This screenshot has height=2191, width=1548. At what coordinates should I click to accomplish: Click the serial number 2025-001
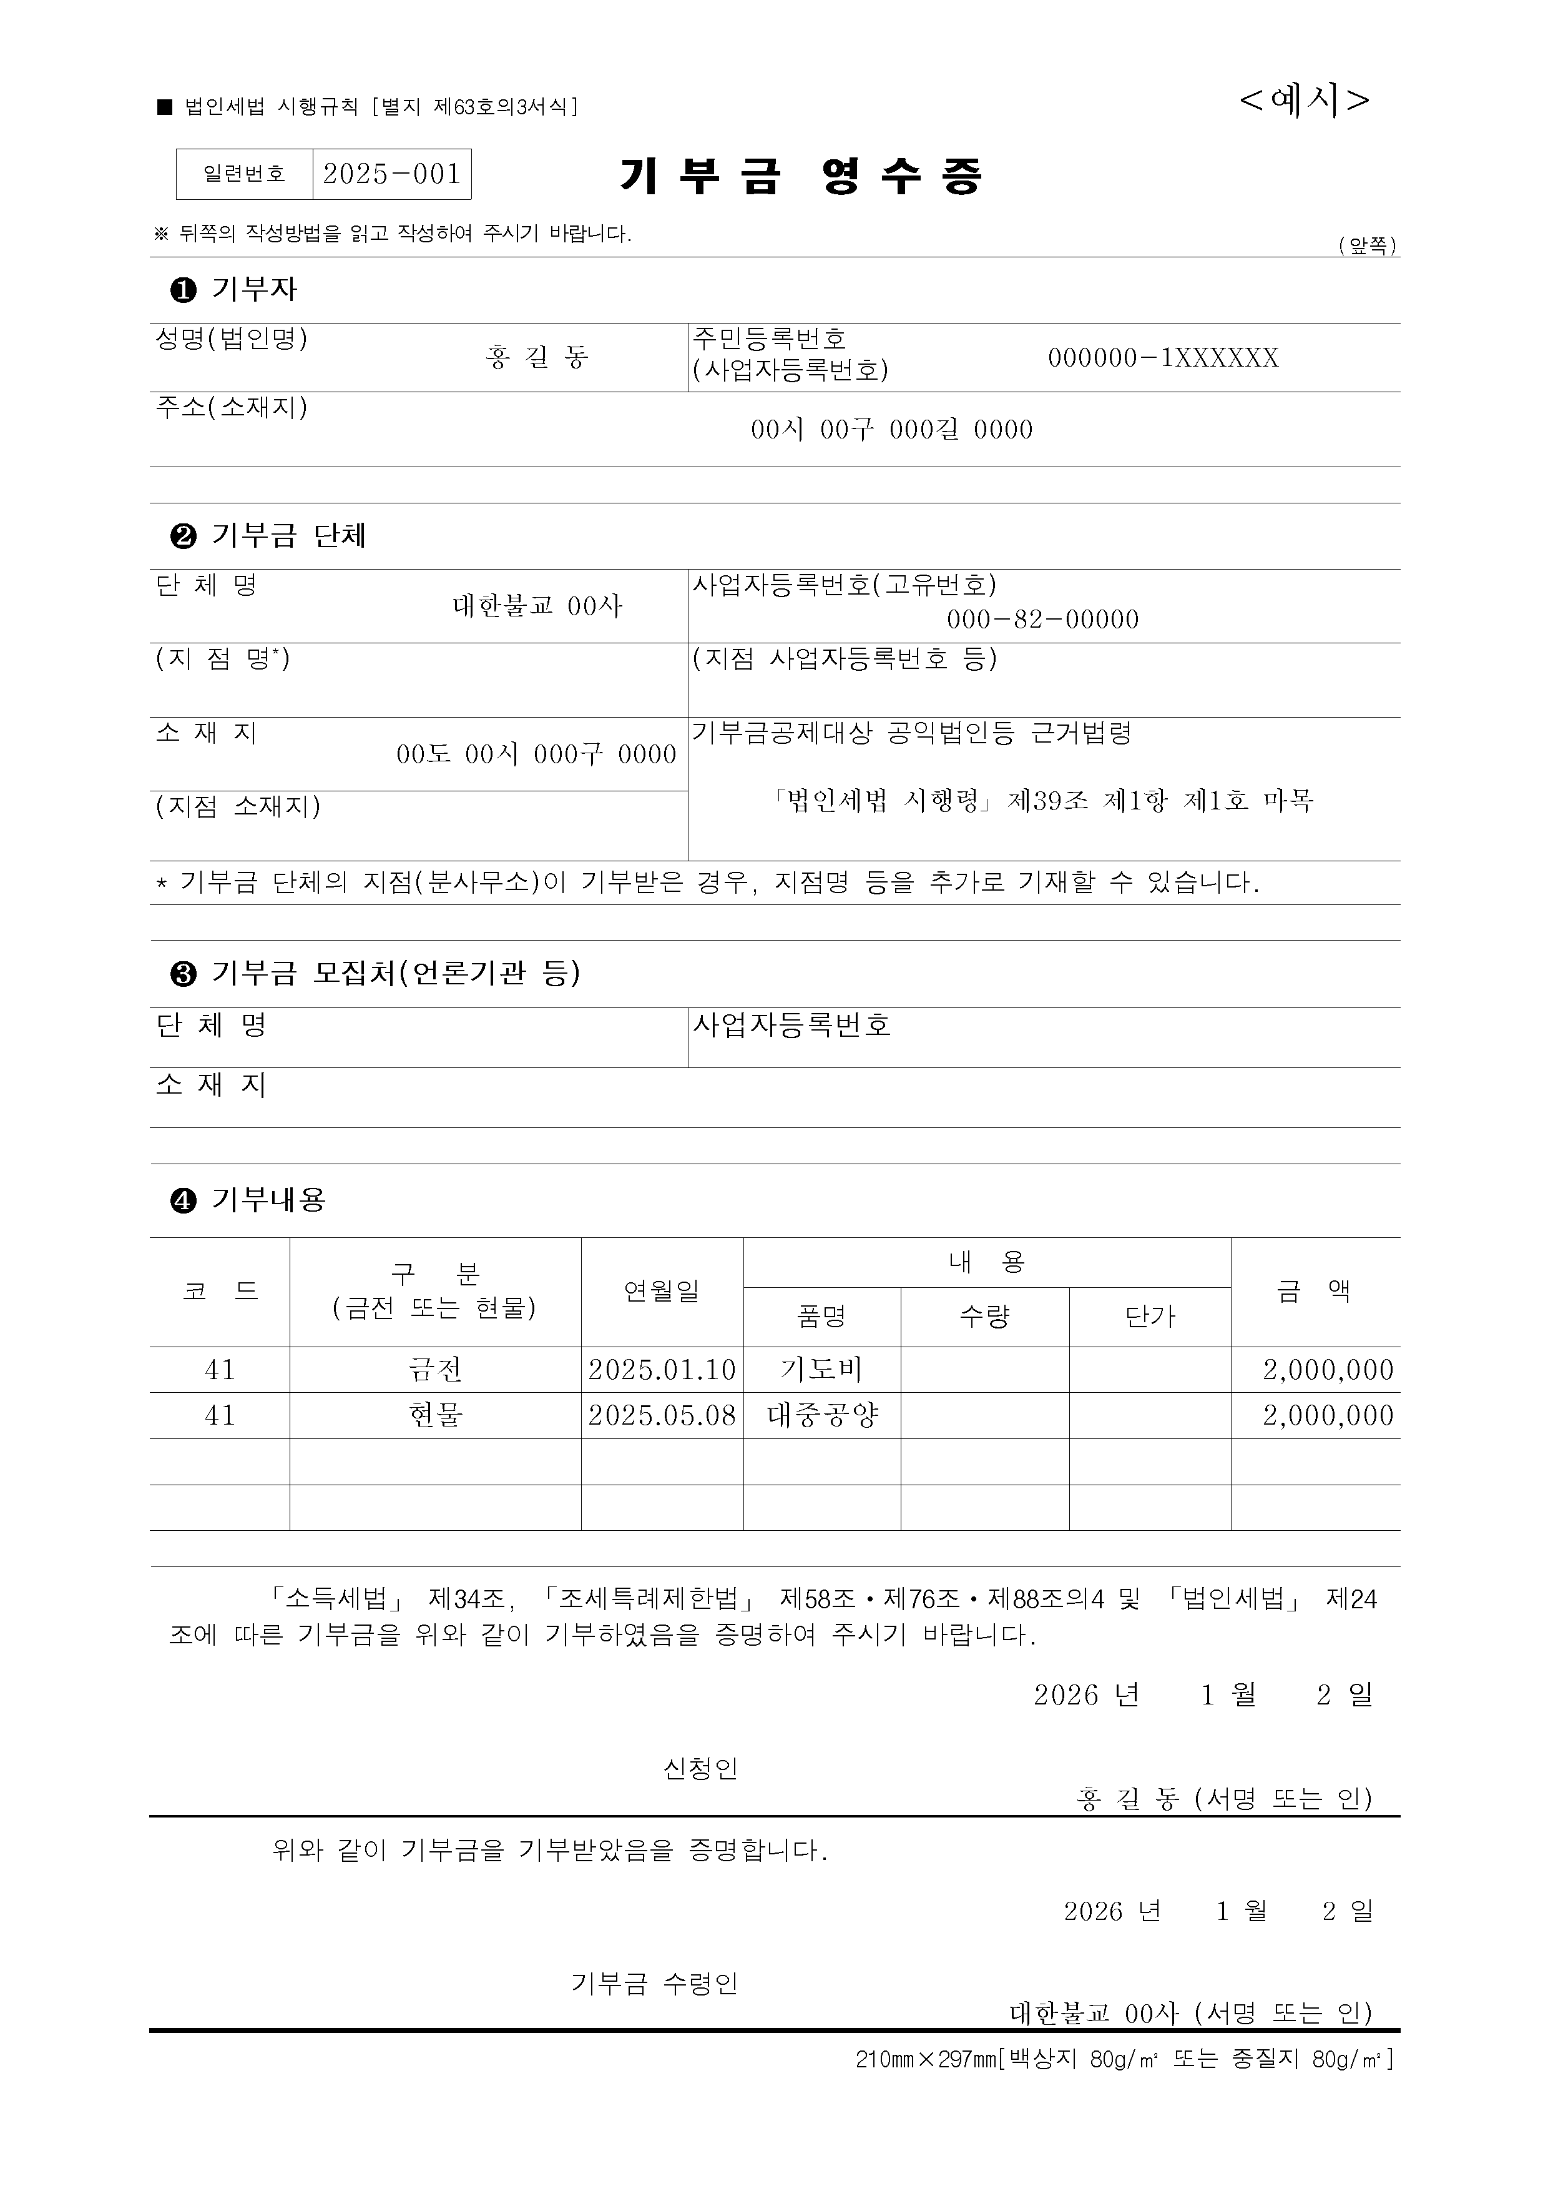click(392, 174)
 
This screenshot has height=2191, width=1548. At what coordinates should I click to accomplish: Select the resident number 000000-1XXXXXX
click(1163, 358)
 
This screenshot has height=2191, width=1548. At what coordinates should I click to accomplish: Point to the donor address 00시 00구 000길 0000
click(891, 430)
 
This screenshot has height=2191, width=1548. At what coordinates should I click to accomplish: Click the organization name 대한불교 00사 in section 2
click(537, 606)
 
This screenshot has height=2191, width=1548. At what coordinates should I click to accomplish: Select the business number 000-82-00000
click(1042, 620)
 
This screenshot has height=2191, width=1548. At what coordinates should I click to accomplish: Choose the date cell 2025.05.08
click(662, 1416)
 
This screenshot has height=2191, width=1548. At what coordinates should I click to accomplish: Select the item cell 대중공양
click(821, 1416)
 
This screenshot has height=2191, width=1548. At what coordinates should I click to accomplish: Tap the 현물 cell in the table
click(435, 1416)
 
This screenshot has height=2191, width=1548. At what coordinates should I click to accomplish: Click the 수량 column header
click(984, 1317)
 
